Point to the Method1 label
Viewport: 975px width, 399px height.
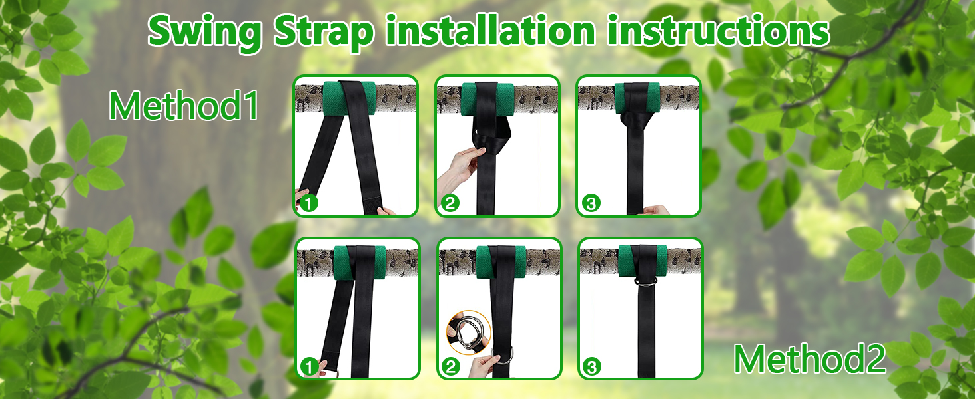(183, 106)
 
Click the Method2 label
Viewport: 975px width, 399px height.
(810, 359)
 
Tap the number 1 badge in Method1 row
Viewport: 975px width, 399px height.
(309, 203)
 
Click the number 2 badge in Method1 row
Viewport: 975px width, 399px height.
(450, 203)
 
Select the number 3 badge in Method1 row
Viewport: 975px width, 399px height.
(591, 203)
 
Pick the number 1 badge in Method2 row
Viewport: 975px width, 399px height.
(310, 367)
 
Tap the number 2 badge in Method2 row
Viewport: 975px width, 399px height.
(450, 367)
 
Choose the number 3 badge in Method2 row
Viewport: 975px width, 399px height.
(592, 367)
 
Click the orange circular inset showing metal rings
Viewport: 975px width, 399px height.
(469, 332)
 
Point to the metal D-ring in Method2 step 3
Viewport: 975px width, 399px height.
(646, 282)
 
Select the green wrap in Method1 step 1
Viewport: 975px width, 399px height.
(349, 98)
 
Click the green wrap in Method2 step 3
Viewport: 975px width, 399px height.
(643, 261)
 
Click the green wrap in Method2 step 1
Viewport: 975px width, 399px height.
(360, 263)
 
